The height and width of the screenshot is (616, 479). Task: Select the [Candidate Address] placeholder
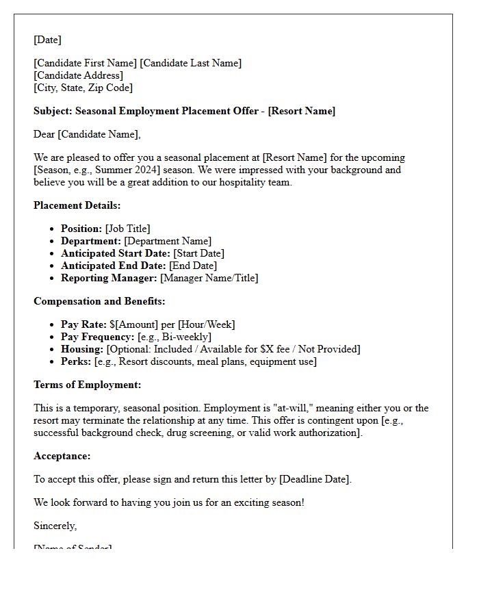79,75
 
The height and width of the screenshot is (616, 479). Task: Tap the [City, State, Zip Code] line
83,88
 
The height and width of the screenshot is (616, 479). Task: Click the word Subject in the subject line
52,111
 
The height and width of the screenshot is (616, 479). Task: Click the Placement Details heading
77,205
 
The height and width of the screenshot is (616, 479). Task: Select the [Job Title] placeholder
127,229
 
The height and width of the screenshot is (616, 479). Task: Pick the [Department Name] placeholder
168,241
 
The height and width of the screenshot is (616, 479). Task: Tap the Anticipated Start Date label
115,253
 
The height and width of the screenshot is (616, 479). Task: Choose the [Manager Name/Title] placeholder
209,278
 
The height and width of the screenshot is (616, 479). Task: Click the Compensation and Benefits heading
99,301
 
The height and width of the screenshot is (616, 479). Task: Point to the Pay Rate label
83,324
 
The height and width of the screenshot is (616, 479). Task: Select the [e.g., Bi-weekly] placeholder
174,337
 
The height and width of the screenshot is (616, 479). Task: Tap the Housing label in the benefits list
82,349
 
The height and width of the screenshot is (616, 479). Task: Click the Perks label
76,361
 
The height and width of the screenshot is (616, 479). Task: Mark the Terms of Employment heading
88,385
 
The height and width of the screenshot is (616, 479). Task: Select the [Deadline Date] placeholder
315,479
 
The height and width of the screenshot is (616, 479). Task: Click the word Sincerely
55,526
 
